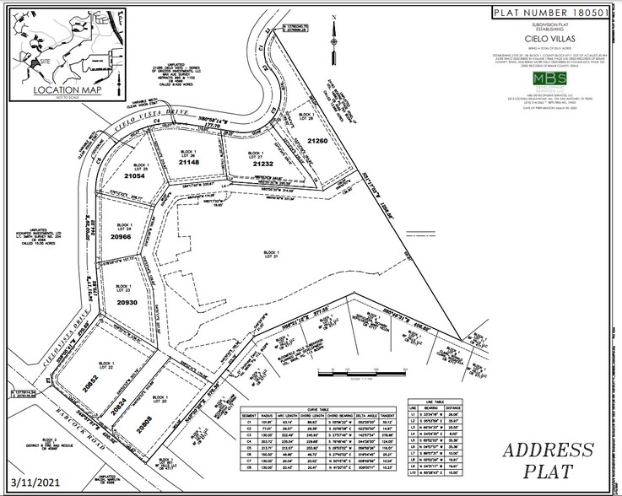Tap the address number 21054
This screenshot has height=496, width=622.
tap(135, 176)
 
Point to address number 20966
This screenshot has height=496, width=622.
tap(120, 239)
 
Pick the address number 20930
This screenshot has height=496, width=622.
tap(126, 302)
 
